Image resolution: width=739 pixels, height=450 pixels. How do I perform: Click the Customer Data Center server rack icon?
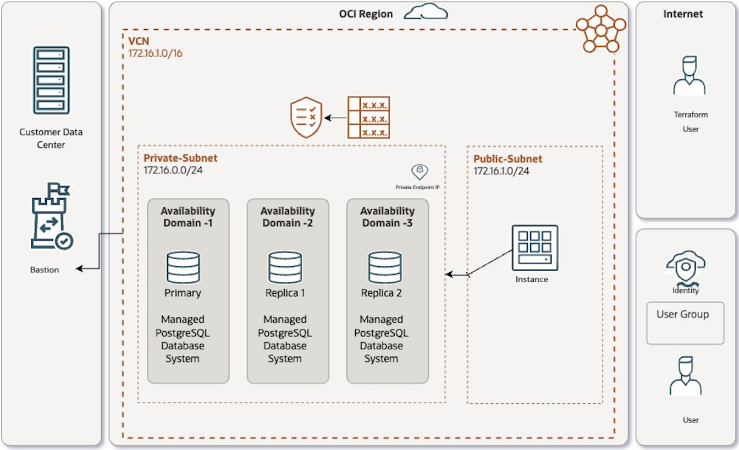tap(51, 80)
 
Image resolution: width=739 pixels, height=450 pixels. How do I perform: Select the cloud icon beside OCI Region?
tap(426, 12)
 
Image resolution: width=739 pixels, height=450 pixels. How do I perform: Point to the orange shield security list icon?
tap(306, 117)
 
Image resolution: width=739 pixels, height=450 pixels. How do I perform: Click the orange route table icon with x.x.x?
tap(368, 117)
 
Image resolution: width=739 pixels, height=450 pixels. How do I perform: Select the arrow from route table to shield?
tap(335, 117)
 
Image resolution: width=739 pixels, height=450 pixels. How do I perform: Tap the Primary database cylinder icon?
tap(183, 267)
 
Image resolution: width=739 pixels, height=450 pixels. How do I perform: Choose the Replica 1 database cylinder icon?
tap(285, 267)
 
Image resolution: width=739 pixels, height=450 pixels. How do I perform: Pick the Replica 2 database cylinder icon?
tap(384, 267)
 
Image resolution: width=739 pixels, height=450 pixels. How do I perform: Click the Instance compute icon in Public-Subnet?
tap(534, 248)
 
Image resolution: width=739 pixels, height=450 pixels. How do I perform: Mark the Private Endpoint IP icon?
tap(420, 172)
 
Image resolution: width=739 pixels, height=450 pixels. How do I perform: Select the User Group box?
tap(685, 322)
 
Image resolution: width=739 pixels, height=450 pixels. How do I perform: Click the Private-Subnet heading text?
tap(180, 158)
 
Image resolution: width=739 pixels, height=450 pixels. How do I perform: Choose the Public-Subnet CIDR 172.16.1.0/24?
tap(501, 171)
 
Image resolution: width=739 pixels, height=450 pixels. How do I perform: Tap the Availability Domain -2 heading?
tap(288, 217)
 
